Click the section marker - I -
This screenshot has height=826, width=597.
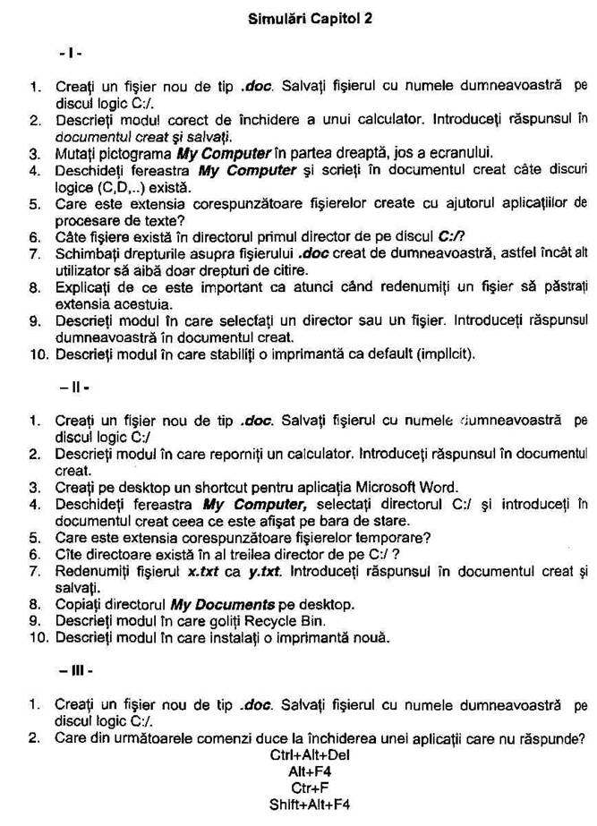click(71, 54)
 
